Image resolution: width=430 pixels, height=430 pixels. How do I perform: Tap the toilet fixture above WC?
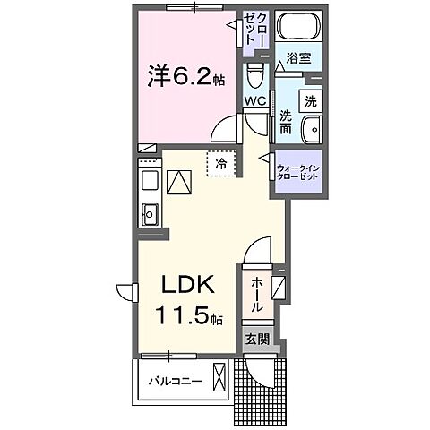(254, 72)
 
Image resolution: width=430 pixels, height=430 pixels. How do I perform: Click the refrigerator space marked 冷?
(219, 164)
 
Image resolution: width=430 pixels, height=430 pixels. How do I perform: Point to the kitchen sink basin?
(149, 213)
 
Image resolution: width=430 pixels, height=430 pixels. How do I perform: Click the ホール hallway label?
(256, 294)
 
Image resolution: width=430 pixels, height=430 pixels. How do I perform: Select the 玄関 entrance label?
(256, 340)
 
